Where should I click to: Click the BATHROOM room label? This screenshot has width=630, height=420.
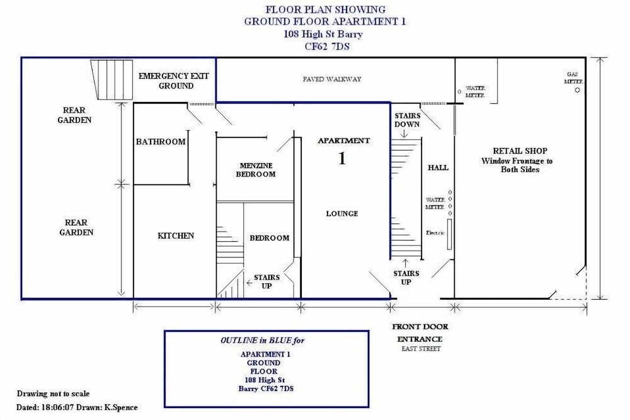(160, 141)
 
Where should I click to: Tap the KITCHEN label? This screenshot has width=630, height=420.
(176, 236)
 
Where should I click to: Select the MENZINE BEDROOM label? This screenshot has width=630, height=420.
(256, 170)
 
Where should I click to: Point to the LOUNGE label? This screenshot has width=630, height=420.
(342, 213)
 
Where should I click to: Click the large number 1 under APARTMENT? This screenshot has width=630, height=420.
(342, 158)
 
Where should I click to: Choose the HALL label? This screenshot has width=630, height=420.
(438, 167)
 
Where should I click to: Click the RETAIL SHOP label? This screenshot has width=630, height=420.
(520, 151)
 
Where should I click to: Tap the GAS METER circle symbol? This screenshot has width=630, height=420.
(577, 90)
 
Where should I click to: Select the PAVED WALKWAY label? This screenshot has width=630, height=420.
(332, 79)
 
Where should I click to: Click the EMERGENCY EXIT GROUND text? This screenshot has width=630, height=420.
(174, 81)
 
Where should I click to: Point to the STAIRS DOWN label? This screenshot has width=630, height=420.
(407, 120)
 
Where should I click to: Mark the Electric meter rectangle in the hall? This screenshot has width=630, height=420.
(449, 234)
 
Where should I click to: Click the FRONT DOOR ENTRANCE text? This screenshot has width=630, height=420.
(420, 333)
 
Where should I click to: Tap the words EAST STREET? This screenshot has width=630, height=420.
(421, 348)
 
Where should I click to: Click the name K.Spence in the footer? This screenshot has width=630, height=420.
(121, 407)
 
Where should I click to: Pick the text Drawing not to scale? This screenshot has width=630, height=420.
(53, 394)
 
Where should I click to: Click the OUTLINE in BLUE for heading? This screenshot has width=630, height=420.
(262, 341)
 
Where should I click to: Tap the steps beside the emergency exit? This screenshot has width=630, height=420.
(112, 79)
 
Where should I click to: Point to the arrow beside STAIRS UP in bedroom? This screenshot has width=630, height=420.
(249, 283)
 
